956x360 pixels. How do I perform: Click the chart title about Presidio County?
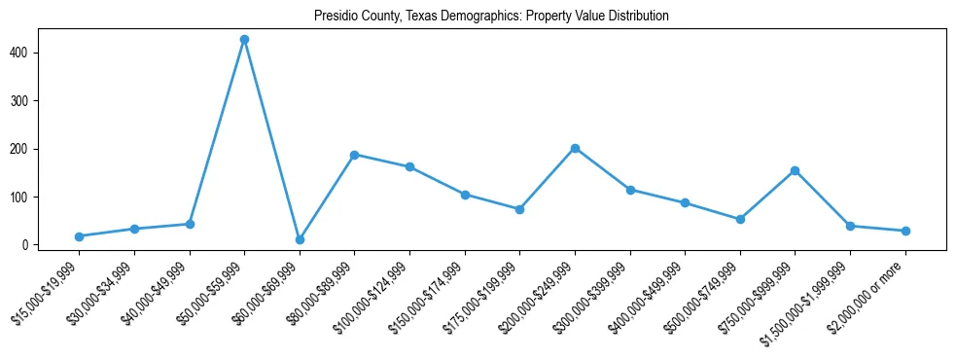click(x=491, y=17)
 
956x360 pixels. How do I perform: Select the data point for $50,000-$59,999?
click(x=244, y=39)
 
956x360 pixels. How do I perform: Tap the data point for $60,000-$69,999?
click(x=300, y=239)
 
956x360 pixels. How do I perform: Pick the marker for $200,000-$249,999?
click(x=575, y=148)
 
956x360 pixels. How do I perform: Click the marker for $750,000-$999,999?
click(x=795, y=170)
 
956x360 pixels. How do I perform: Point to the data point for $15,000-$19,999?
click(x=79, y=236)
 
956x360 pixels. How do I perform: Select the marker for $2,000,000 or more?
click(x=905, y=231)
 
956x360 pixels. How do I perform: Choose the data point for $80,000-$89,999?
click(x=355, y=155)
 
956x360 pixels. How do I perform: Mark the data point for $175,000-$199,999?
click(x=519, y=209)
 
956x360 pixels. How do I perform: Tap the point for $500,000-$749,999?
click(x=740, y=219)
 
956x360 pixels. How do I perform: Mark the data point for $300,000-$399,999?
click(x=630, y=190)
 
